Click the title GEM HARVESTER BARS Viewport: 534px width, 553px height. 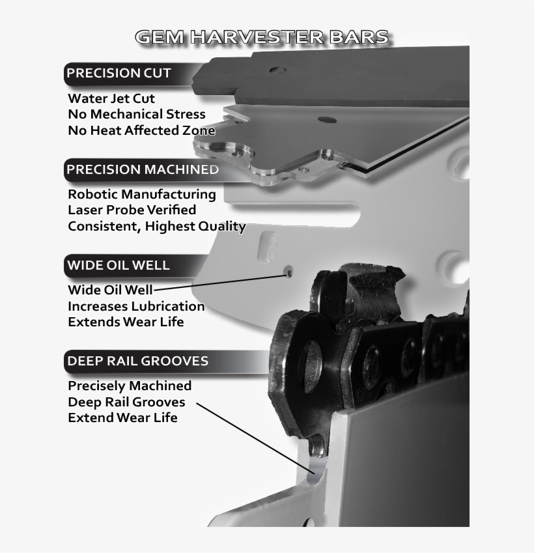click(262, 37)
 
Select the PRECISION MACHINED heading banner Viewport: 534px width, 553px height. click(142, 169)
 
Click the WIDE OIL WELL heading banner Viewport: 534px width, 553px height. click(118, 265)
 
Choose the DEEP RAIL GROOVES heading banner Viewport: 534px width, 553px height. click(137, 360)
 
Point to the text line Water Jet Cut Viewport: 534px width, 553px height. click(111, 98)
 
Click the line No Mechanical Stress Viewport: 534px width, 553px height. click(137, 115)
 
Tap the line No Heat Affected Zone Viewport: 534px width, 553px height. click(141, 130)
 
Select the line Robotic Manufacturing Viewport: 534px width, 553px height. click(142, 194)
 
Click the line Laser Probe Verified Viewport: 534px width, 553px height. click(132, 210)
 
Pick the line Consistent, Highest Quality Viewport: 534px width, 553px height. click(157, 226)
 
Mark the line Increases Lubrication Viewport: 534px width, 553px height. click(136, 306)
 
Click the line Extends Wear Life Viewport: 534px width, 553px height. click(126, 322)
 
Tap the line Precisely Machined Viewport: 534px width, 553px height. click(130, 386)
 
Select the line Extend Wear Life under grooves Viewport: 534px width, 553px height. click(122, 418)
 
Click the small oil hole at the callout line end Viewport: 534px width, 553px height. click(287, 273)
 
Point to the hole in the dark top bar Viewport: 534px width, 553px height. click(276, 69)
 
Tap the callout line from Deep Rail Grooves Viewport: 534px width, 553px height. click(254, 436)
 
